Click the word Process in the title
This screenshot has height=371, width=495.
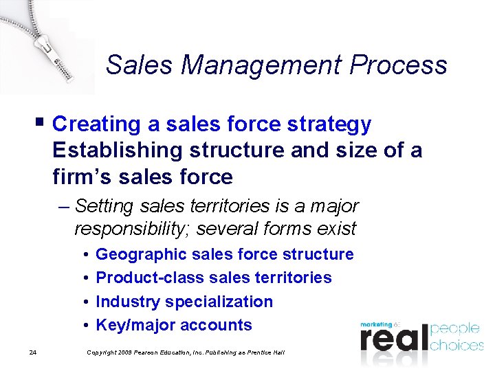399,66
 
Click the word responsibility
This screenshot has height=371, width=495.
131,228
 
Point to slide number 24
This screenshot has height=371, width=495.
33,353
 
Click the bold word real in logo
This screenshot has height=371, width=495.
393,339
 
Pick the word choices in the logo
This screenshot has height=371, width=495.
456,345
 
